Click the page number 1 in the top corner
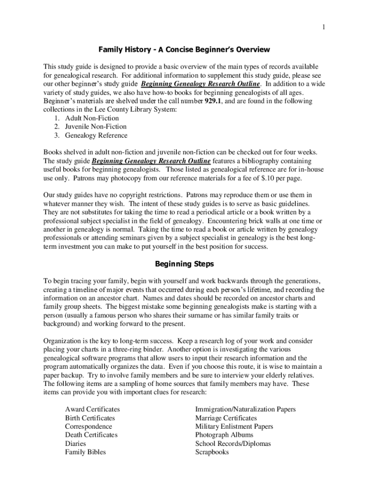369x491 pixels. point(324,27)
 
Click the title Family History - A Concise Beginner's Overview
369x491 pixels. point(184,49)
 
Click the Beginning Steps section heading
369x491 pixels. point(184,264)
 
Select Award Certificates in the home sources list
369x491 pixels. point(92,409)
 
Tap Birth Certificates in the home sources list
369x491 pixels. point(90,418)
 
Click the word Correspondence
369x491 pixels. point(89,426)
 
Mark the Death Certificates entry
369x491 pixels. point(91,435)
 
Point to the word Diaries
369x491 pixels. point(76,444)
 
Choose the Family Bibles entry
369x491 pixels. point(85,452)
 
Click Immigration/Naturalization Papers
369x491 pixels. point(245,409)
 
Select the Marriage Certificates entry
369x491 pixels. point(226,418)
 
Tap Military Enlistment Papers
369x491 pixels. point(234,426)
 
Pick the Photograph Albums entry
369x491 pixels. point(224,435)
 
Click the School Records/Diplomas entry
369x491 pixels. point(233,444)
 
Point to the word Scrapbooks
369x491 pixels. point(212,452)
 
